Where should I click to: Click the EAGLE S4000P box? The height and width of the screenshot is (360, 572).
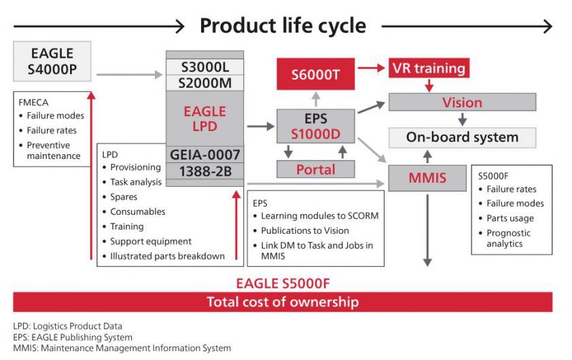(x=52, y=61)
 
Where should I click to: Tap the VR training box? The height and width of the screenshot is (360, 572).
(x=429, y=68)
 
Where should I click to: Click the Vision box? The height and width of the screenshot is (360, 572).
(x=462, y=103)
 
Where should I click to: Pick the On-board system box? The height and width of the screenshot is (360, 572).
(x=462, y=137)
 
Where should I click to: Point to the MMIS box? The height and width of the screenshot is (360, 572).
(x=427, y=178)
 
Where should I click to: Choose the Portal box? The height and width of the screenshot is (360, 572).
(x=315, y=168)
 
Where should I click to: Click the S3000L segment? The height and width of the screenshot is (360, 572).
(x=204, y=67)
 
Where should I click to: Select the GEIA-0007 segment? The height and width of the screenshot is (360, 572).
(x=204, y=154)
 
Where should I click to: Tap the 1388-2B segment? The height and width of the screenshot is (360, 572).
(x=204, y=171)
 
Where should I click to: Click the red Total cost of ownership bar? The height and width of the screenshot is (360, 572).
(x=282, y=302)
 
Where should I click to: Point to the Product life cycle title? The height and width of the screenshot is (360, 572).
(x=283, y=26)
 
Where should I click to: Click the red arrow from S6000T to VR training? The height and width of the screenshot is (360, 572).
(x=371, y=68)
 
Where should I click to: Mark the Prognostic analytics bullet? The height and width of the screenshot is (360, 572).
(x=509, y=238)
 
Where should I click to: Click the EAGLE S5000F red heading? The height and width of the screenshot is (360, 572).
(x=282, y=283)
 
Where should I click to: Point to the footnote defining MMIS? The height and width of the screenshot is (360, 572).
(x=122, y=348)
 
